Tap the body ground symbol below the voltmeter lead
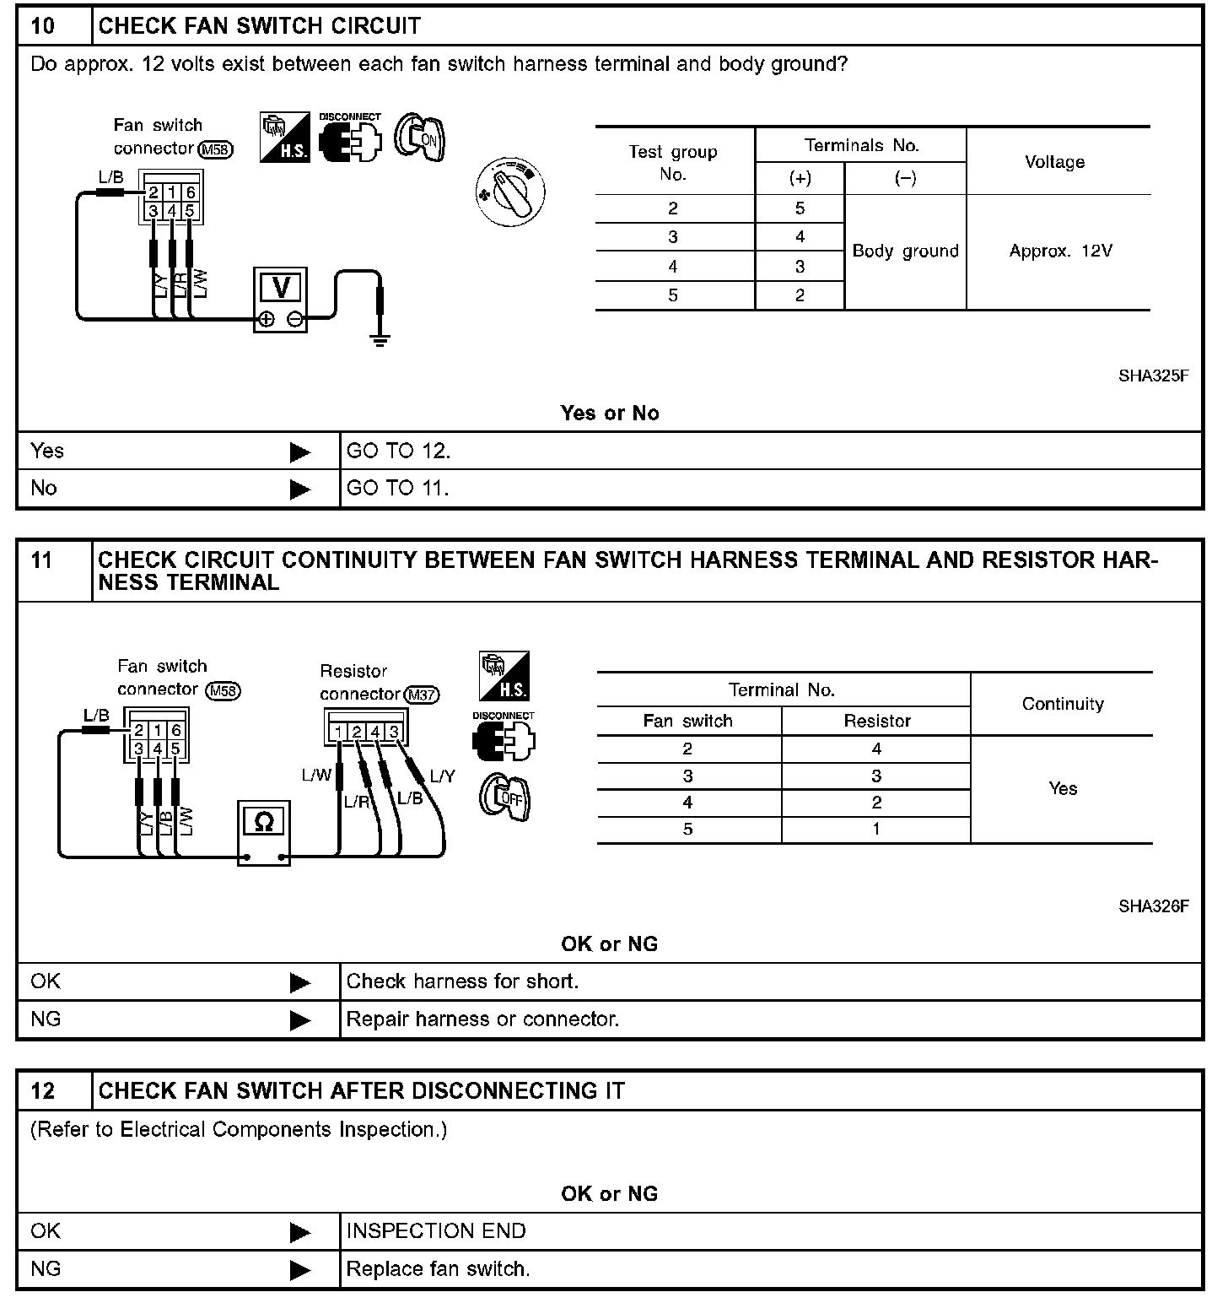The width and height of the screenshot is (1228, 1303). [380, 340]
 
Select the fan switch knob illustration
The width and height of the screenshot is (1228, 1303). [510, 192]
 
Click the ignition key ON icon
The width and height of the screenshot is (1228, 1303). [420, 138]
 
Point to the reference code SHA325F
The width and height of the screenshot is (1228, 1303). [1153, 376]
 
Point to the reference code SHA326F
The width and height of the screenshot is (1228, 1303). [1153, 906]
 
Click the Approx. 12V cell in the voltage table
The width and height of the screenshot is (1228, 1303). [1060, 251]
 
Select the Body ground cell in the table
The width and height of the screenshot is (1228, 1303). [905, 251]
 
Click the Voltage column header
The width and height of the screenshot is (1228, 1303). [1054, 162]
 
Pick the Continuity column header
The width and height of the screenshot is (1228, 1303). [1062, 704]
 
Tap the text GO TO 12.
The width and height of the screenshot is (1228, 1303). [398, 451]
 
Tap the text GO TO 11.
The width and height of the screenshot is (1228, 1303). [397, 488]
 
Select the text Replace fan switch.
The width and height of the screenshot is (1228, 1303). [438, 1268]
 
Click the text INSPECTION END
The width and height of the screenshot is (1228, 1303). [436, 1231]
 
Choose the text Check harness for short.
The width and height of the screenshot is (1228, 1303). [462, 981]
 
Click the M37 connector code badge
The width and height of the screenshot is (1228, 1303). [422, 695]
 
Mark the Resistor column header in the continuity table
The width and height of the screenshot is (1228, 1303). [877, 721]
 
